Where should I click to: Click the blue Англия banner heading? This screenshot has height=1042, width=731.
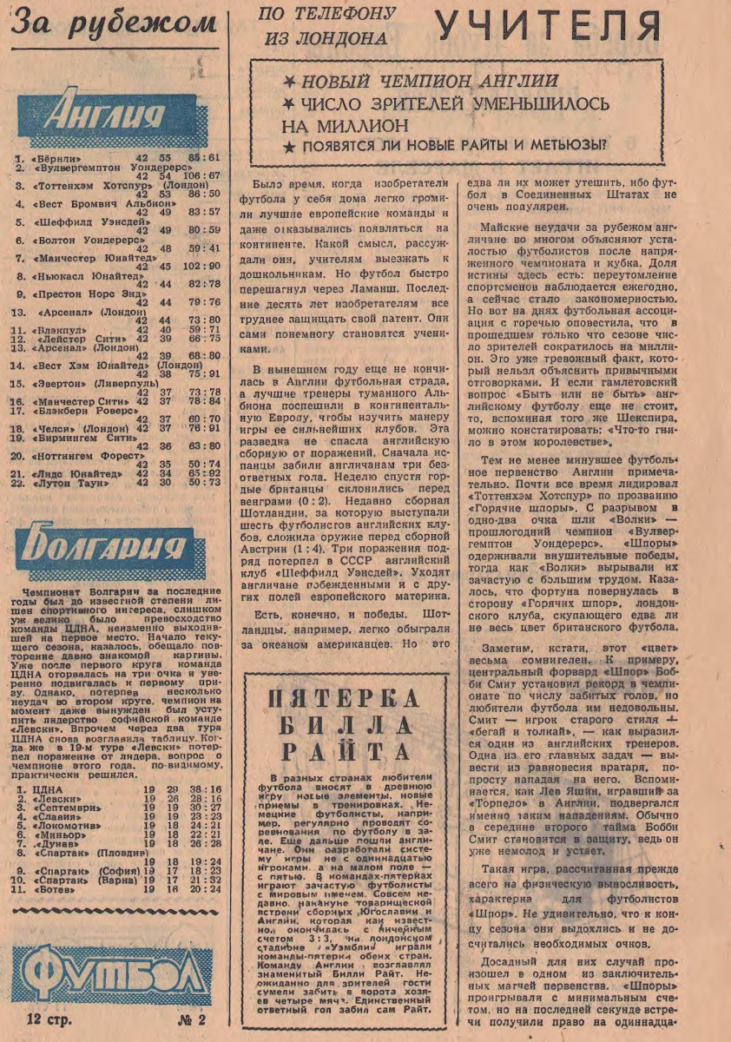[x=117, y=115]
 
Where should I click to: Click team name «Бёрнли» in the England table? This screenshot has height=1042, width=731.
[x=56, y=158]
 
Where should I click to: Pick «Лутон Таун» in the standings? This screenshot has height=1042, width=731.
[x=69, y=483]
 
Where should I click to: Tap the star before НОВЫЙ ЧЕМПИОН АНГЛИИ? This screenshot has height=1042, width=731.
[x=288, y=82]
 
